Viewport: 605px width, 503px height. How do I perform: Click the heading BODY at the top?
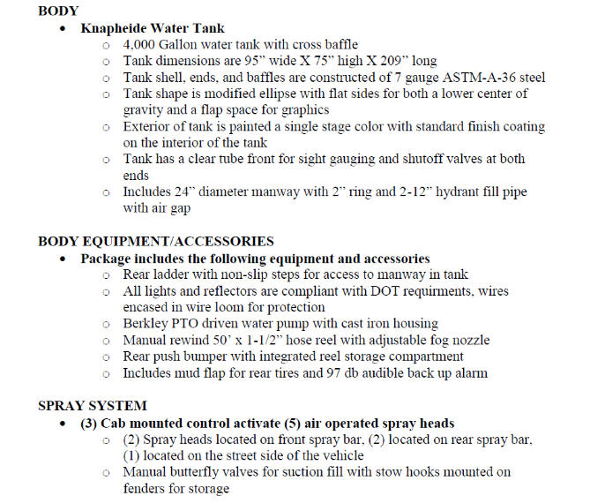click(x=58, y=12)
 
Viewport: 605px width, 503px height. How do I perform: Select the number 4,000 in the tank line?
click(x=141, y=45)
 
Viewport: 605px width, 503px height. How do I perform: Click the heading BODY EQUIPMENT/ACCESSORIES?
click(x=156, y=242)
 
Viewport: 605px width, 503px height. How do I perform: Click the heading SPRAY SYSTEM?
click(x=93, y=406)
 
